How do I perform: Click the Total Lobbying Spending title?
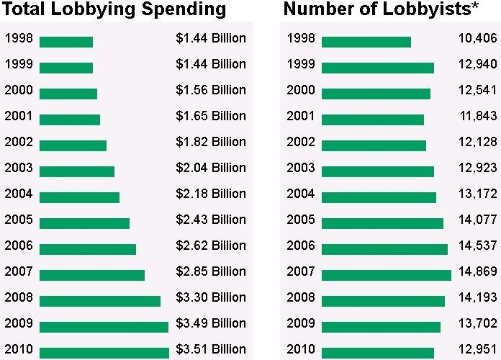(114, 10)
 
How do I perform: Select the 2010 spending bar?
(104, 353)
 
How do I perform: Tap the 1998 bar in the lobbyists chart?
(366, 42)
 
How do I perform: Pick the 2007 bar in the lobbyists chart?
(386, 275)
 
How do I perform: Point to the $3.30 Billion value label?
(210, 297)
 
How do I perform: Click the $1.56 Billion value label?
(210, 90)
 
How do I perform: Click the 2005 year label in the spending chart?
(18, 220)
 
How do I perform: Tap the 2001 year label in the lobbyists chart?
(300, 116)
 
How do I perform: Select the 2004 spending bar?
(79, 197)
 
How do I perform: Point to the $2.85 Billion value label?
(210, 271)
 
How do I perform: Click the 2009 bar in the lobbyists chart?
(381, 327)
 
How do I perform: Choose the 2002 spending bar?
(73, 145)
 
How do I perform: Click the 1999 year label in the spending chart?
(18, 64)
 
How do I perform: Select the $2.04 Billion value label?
(210, 168)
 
